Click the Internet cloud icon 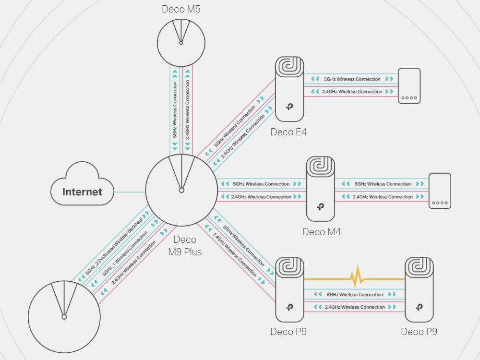[x=82, y=184]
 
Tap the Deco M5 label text [x=181, y=9]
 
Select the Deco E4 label [x=288, y=132]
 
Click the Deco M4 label [x=322, y=232]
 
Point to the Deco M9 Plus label [x=185, y=245]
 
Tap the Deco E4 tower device [x=289, y=89]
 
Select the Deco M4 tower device [x=321, y=189]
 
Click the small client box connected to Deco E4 [x=409, y=86]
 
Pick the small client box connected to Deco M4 [x=440, y=191]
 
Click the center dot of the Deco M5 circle [x=181, y=43]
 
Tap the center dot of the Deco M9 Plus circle [x=181, y=191]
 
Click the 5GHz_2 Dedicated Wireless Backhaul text [x=114, y=246]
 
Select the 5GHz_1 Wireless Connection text [x=125, y=253]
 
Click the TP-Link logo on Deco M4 [x=321, y=206]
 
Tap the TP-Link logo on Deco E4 [x=289, y=107]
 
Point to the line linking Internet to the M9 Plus [x=130, y=192]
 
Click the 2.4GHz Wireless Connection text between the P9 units [x=355, y=307]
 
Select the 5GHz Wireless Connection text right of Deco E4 [x=352, y=79]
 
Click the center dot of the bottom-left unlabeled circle [x=64, y=317]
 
